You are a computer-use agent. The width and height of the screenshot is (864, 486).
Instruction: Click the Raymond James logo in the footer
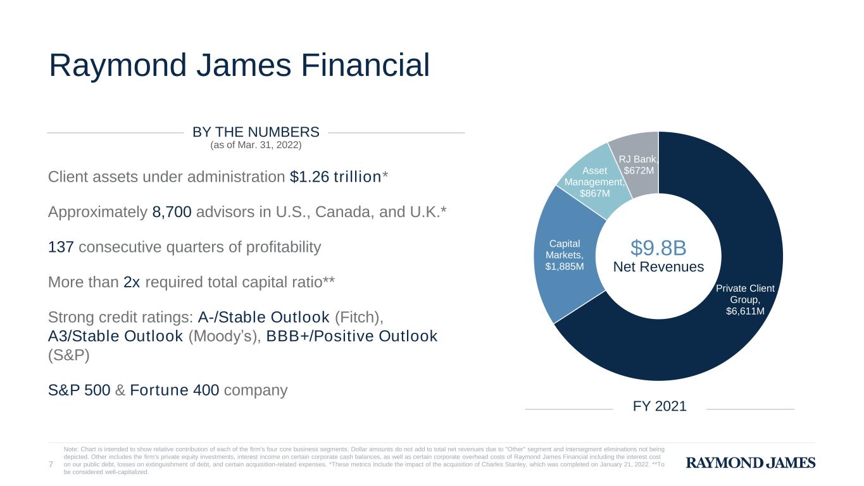(750, 463)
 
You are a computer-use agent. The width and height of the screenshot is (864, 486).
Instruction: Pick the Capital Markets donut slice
(565, 254)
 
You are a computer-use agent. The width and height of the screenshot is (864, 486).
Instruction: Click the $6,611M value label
(745, 311)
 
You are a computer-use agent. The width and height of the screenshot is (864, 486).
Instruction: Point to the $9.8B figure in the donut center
(658, 247)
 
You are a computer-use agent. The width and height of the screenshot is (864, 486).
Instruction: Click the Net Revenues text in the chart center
(658, 267)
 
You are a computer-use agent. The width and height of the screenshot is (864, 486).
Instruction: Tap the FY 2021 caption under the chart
(660, 406)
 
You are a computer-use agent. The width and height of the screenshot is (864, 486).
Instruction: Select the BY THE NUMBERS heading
(256, 132)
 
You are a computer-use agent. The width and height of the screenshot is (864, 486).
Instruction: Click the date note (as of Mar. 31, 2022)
(256, 145)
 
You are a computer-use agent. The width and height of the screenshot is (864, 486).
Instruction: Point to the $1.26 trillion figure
(335, 177)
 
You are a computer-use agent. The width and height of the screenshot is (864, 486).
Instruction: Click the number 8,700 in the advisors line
(172, 212)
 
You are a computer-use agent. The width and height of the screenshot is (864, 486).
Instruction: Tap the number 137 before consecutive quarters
(61, 247)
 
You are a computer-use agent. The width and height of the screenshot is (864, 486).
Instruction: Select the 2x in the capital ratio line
(132, 282)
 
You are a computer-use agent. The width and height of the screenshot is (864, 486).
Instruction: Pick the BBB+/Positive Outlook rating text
(352, 337)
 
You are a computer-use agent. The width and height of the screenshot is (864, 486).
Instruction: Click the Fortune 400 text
(174, 390)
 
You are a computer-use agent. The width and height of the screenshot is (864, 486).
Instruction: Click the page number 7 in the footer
(51, 464)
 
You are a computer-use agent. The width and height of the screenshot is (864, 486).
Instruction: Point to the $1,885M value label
(565, 266)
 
